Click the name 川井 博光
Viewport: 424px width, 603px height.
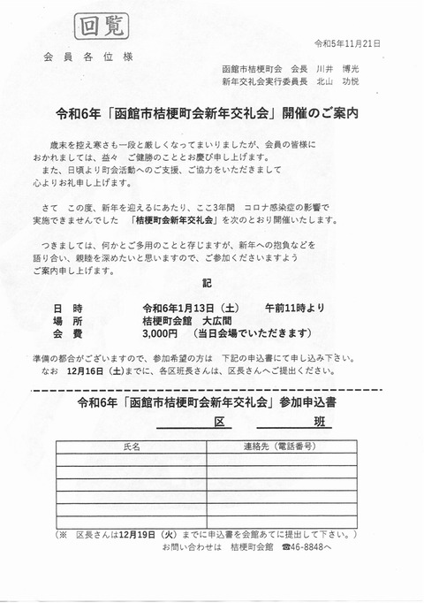pyautogui.click(x=329, y=69)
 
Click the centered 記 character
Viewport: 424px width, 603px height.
pyautogui.click(x=208, y=286)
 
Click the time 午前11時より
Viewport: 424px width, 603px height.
pyautogui.click(x=294, y=307)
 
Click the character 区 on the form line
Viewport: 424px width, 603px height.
pyautogui.click(x=218, y=424)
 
